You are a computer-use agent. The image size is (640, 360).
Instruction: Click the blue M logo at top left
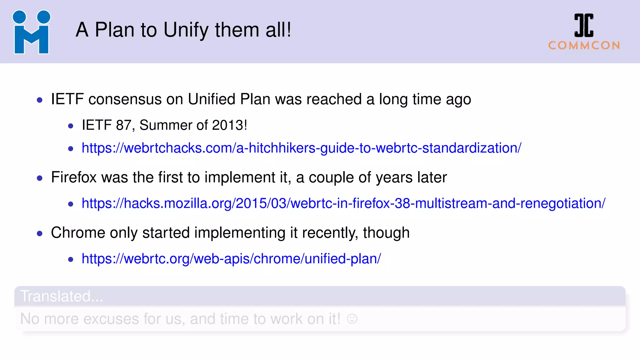(31, 32)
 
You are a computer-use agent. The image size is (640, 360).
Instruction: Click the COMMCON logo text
(584, 46)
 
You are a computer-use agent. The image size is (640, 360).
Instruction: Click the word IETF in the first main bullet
(67, 99)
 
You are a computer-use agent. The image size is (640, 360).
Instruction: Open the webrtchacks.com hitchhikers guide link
(301, 148)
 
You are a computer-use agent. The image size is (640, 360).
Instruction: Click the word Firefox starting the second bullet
(74, 177)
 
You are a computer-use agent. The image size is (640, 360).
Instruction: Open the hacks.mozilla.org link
(343, 203)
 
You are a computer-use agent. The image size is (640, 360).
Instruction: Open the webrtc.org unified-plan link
(231, 259)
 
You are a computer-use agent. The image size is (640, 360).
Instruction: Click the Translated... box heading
(62, 296)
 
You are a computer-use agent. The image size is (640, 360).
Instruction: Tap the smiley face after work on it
(352, 319)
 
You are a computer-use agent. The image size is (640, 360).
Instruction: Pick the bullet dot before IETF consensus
(40, 100)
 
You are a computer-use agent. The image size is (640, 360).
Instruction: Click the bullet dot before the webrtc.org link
(71, 259)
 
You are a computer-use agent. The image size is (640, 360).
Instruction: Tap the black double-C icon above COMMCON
(584, 25)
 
